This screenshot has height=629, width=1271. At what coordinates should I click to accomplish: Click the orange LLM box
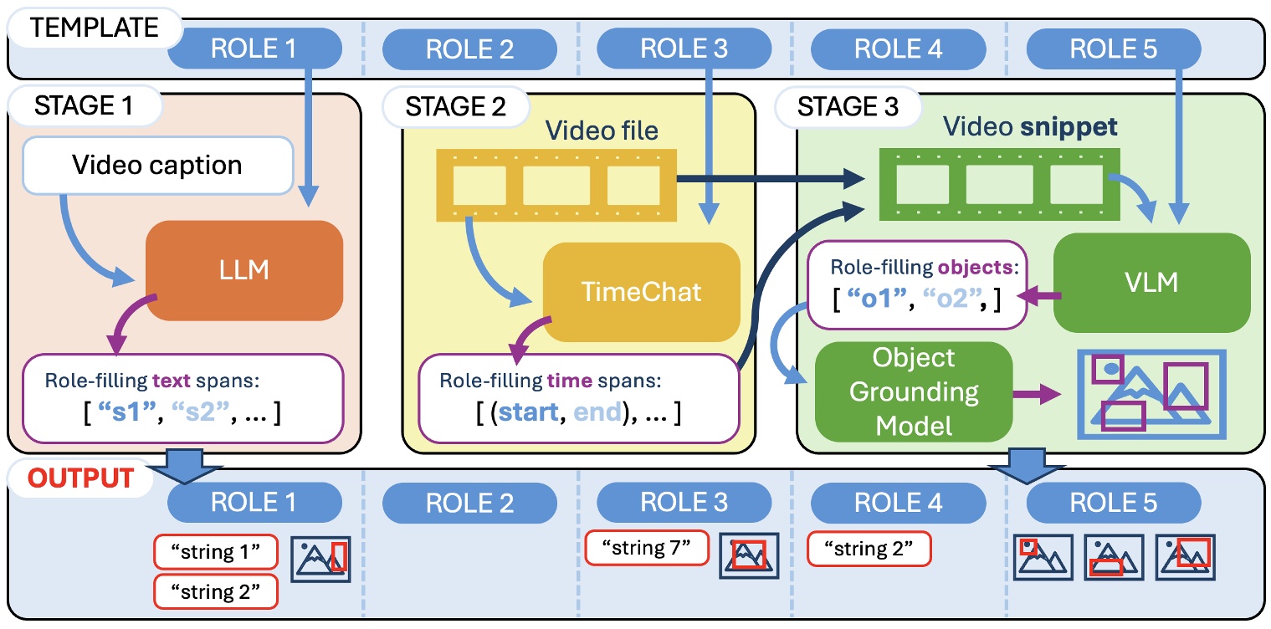click(x=244, y=269)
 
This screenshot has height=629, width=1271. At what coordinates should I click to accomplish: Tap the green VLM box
click(x=1151, y=283)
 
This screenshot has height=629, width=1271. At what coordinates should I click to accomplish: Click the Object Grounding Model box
click(x=913, y=391)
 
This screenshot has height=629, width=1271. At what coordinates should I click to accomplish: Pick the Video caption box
click(x=157, y=165)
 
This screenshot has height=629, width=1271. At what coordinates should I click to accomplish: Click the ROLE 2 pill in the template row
click(x=469, y=49)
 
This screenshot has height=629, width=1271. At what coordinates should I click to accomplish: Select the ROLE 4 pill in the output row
click(x=898, y=503)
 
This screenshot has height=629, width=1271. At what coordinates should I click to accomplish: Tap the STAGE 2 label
click(x=457, y=107)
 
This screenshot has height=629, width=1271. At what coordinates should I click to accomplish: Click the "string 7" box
click(x=646, y=549)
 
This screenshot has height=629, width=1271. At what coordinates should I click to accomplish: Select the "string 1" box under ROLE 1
click(x=215, y=552)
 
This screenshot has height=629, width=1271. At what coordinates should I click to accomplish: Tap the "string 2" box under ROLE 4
click(x=869, y=549)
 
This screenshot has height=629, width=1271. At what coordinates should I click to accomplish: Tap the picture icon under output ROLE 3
click(x=750, y=555)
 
